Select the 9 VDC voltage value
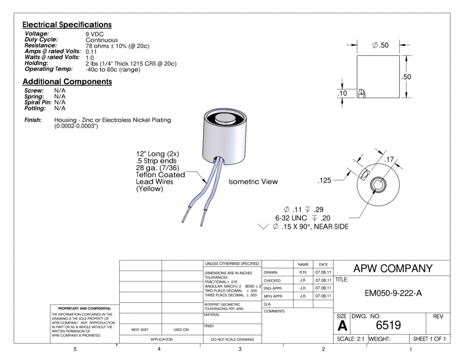(95, 34)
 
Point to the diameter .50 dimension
(378, 45)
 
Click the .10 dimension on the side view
(342, 93)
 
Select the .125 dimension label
(324, 181)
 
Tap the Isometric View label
(253, 182)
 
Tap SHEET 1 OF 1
(429, 338)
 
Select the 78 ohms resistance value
(117, 46)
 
